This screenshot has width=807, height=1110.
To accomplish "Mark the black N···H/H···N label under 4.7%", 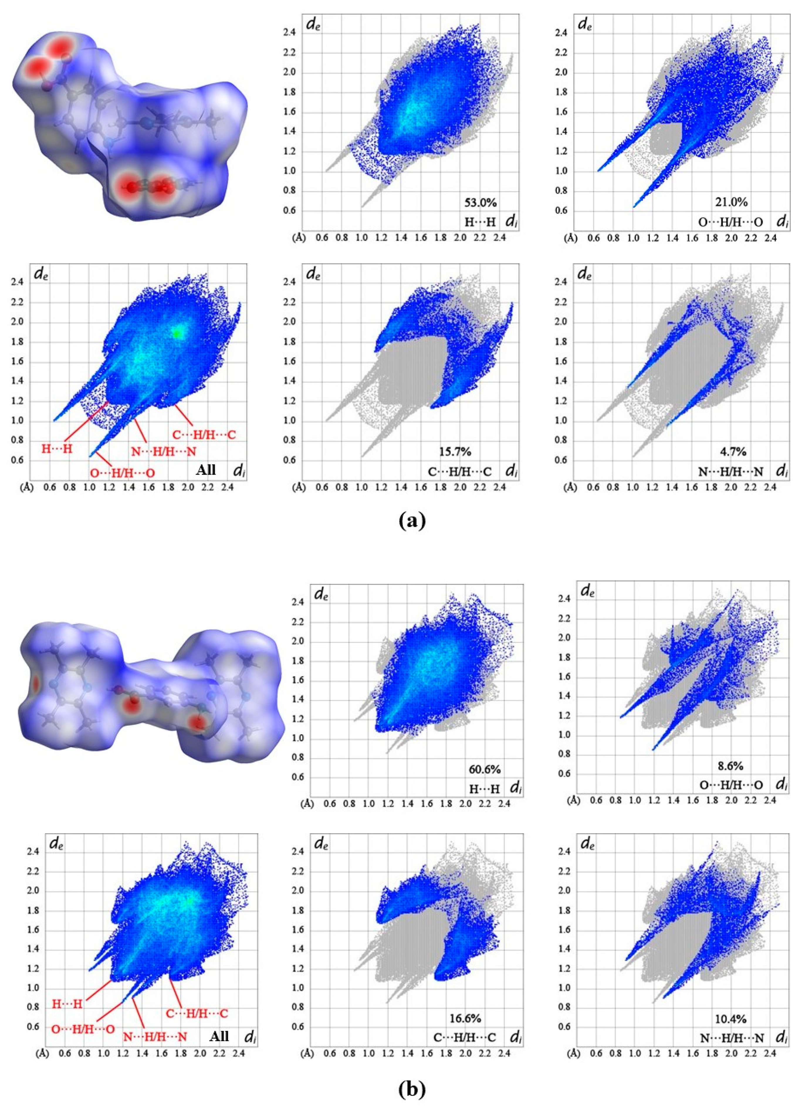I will click(x=731, y=472).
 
